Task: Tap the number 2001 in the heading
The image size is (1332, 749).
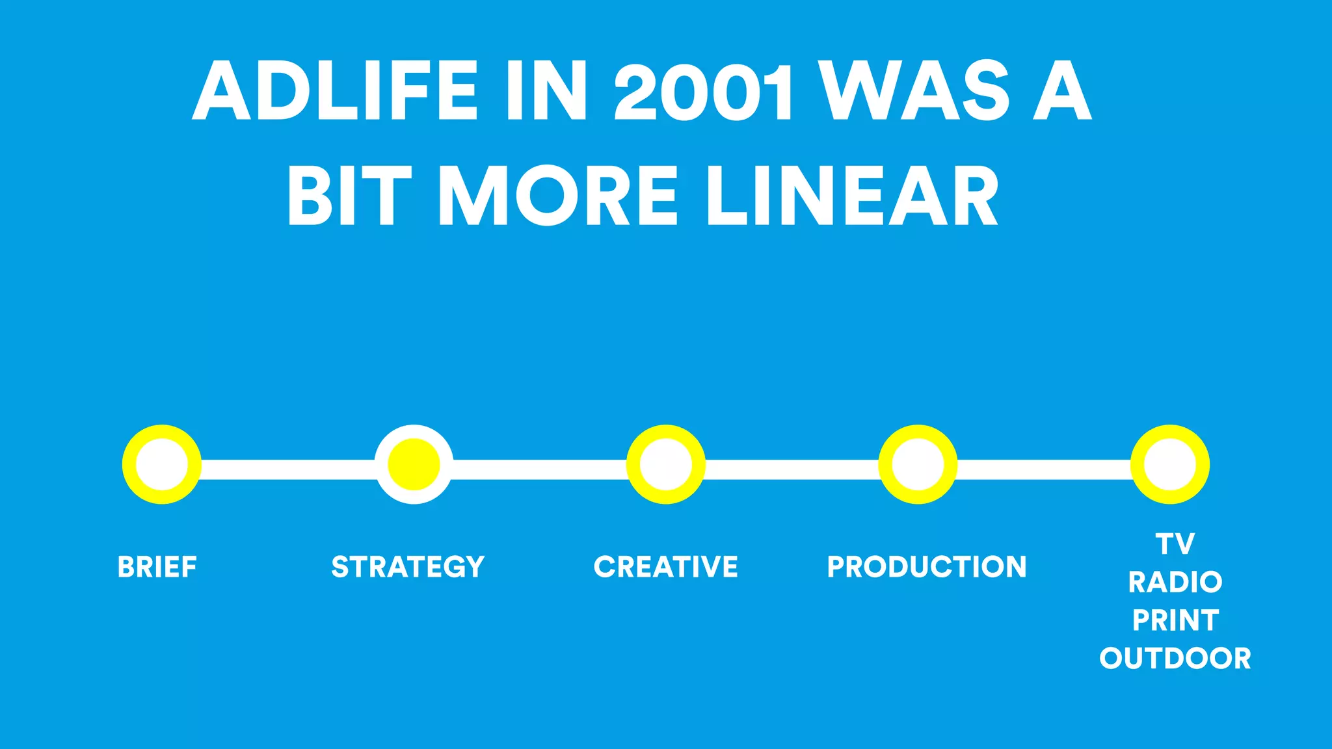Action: pyautogui.click(x=704, y=91)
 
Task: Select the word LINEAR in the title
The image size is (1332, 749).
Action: pyautogui.click(x=852, y=195)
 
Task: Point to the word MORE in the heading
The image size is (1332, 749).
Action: pyautogui.click(x=558, y=195)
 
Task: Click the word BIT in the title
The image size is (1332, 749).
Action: pyautogui.click(x=350, y=195)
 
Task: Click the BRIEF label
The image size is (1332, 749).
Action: pyautogui.click(x=157, y=567)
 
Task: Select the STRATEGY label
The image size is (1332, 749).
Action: pyautogui.click(x=408, y=567)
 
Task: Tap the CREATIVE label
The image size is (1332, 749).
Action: pyautogui.click(x=666, y=567)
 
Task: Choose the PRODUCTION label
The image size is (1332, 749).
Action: pyautogui.click(x=927, y=567)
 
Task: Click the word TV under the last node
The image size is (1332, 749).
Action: pyautogui.click(x=1175, y=544)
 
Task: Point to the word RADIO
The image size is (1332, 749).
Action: pyautogui.click(x=1175, y=582)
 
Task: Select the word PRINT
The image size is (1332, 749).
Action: pyautogui.click(x=1175, y=620)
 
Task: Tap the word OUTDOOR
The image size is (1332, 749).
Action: pyautogui.click(x=1175, y=659)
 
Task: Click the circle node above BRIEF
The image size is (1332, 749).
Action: pyautogui.click(x=162, y=464)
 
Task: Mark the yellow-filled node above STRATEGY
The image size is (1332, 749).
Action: pyautogui.click(x=414, y=464)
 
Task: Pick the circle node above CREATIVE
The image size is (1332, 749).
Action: pyautogui.click(x=666, y=464)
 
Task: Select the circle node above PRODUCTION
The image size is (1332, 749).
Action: pyautogui.click(x=918, y=464)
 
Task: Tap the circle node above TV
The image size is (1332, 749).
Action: pyautogui.click(x=1169, y=464)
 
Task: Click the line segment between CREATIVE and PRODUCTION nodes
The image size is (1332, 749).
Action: pyautogui.click(x=792, y=469)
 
